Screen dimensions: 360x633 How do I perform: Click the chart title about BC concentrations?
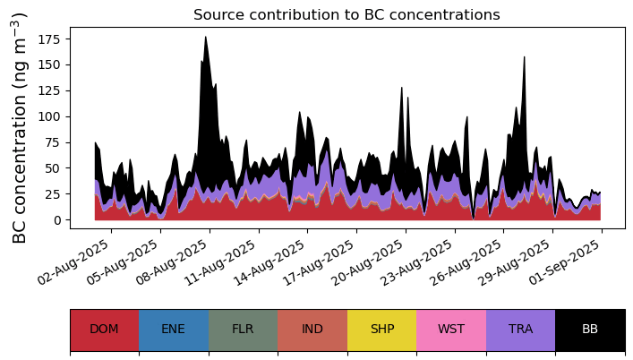pos(346,14)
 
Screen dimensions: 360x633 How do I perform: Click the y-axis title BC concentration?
pos(20,127)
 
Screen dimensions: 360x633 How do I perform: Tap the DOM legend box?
pos(104,330)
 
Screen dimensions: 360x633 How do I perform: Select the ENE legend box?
pos(174,330)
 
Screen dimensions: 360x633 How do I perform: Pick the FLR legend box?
pos(243,330)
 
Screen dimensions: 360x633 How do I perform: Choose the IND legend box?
pos(312,330)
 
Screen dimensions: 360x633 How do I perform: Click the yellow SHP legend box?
pos(381,330)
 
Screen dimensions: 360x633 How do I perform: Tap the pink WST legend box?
pos(451,330)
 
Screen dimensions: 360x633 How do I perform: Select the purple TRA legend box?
pos(520,330)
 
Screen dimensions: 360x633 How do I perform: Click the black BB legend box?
pos(590,330)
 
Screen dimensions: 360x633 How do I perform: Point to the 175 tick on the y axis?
pos(52,39)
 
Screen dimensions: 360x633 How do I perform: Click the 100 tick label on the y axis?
pos(52,116)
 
